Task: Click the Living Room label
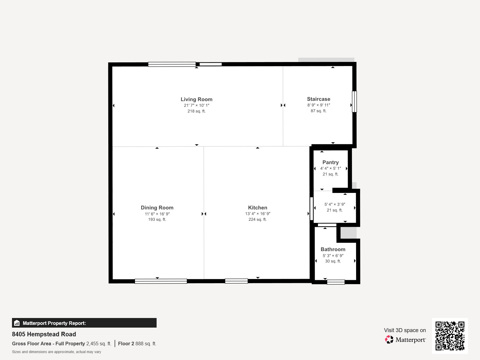(196, 100)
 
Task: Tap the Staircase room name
(318, 99)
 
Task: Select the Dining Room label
(157, 208)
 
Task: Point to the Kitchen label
(257, 208)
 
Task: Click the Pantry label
(330, 162)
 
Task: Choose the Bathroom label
(333, 249)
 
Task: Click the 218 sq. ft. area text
(196, 111)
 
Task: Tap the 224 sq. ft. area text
(257, 220)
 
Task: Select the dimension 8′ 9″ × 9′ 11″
(318, 105)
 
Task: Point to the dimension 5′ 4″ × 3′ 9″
(334, 204)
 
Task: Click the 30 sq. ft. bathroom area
(333, 261)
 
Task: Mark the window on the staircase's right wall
(354, 102)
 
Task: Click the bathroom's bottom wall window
(336, 282)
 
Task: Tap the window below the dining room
(161, 281)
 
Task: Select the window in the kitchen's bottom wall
(236, 281)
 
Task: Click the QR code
(450, 336)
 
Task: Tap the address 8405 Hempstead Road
(44, 334)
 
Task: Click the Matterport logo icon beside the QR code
(389, 340)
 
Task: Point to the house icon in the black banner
(17, 323)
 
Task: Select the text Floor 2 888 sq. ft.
(137, 343)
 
